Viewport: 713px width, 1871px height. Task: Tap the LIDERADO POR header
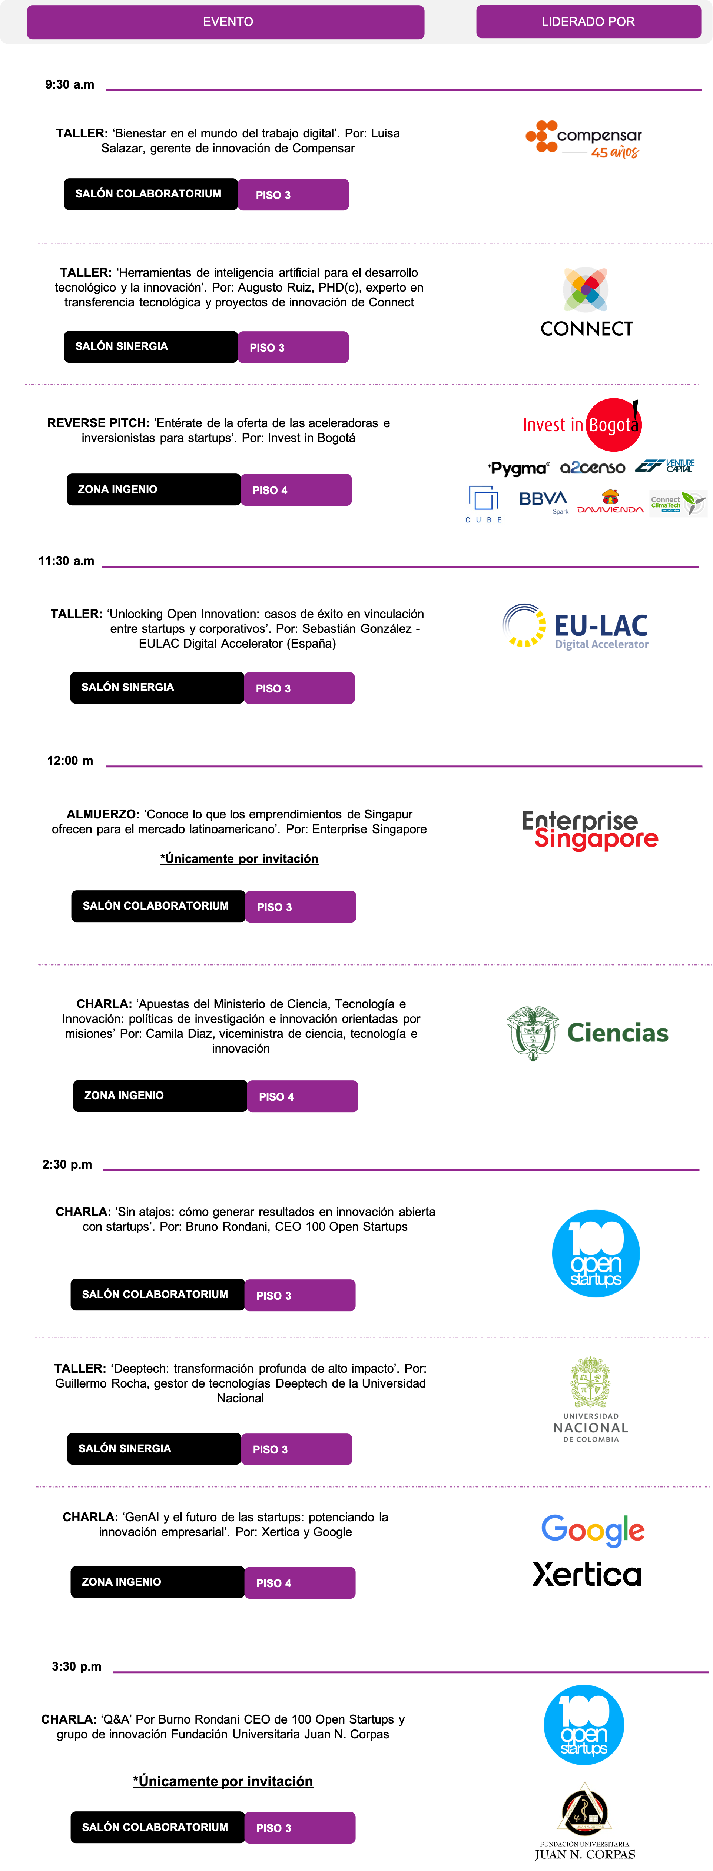[x=588, y=22]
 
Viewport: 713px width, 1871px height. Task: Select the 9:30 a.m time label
[x=70, y=84]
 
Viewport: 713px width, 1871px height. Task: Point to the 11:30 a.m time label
[x=66, y=561]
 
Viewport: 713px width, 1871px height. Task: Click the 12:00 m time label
[x=70, y=761]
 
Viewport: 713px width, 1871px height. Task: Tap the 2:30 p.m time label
[x=67, y=1164]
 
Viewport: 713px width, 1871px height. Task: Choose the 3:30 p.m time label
[x=76, y=1666]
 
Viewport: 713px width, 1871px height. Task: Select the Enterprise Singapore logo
[x=590, y=830]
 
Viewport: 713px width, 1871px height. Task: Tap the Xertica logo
[x=587, y=1575]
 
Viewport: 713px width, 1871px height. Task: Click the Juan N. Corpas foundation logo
[x=585, y=1821]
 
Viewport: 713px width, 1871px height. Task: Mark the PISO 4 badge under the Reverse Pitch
[x=296, y=489]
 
